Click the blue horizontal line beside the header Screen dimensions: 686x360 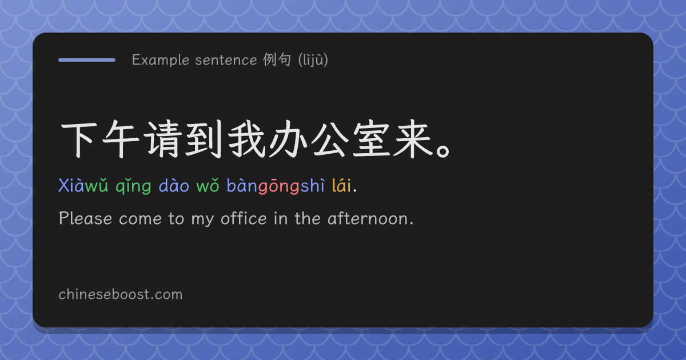pos(87,60)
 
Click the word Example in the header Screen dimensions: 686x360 pos(161,60)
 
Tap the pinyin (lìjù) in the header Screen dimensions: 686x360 pos(313,59)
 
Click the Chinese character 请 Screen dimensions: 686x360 pos(162,139)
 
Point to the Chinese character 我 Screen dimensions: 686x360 pos(246,139)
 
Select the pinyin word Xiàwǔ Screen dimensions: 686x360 pos(83,186)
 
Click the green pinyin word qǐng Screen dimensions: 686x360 pos(133,186)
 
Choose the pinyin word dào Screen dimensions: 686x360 pos(174,185)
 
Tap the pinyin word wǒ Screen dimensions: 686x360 pos(208,186)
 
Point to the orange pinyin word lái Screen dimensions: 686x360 pos(342,185)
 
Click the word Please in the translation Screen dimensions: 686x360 pos(85,218)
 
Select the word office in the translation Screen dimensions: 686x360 pos(244,218)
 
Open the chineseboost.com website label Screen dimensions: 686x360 pos(121,294)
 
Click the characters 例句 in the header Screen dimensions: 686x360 pos(277,59)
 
